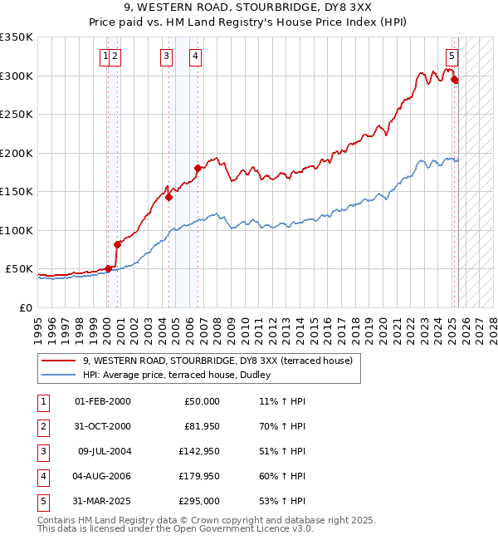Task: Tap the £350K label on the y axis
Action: pyautogui.click(x=17, y=37)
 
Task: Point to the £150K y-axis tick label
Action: pyautogui.click(x=17, y=191)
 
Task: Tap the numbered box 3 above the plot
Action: pyautogui.click(x=167, y=56)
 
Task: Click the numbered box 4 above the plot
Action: pyautogui.click(x=195, y=56)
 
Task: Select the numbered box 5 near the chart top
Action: pyautogui.click(x=452, y=56)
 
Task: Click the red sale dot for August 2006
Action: pyautogui.click(x=198, y=169)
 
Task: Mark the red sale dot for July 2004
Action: pyautogui.click(x=168, y=198)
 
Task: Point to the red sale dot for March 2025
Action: pyautogui.click(x=455, y=80)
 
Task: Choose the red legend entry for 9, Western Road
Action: pyautogui.click(x=217, y=361)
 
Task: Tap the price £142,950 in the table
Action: pyautogui.click(x=199, y=452)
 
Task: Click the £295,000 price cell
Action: pyautogui.click(x=199, y=501)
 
